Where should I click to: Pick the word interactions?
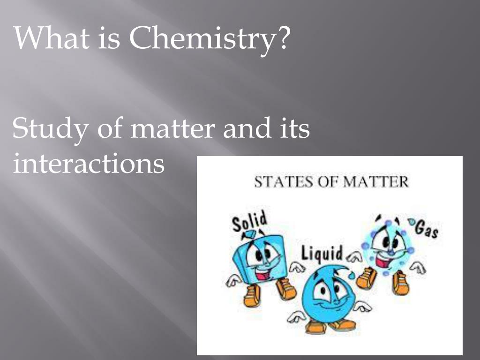(x=88, y=164)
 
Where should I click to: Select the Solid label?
(x=249, y=221)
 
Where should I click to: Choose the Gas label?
(x=427, y=229)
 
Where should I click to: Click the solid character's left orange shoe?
(x=252, y=296)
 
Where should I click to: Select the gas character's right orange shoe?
(x=401, y=283)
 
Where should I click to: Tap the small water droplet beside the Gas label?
(x=412, y=221)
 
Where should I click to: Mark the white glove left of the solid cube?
(x=233, y=280)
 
